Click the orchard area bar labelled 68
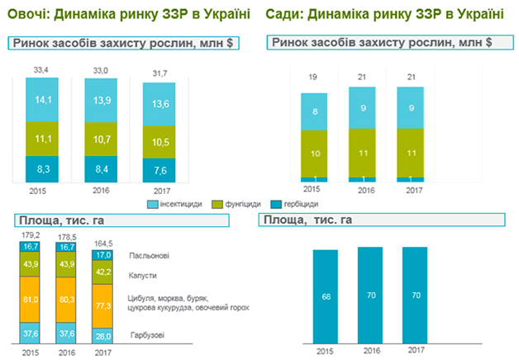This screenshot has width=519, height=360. [x=326, y=296]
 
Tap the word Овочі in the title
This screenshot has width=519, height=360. [x=26, y=14]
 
